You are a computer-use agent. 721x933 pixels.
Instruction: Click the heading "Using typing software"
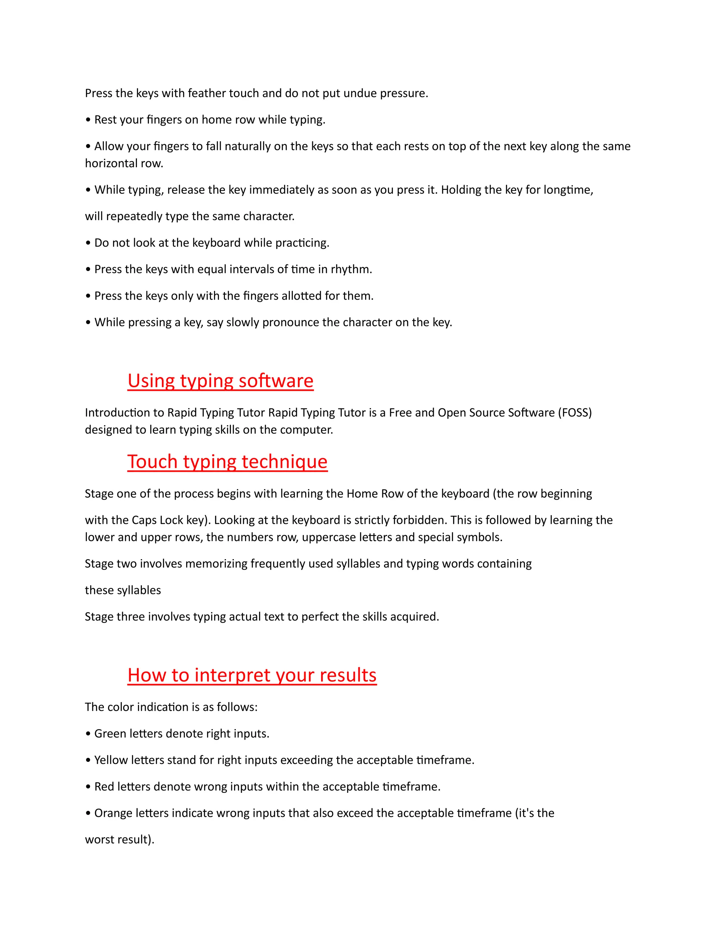[220, 381]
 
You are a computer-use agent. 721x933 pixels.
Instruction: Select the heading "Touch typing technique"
[227, 462]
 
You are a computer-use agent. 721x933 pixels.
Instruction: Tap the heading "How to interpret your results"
[252, 675]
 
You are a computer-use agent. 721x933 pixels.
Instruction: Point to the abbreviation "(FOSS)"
[575, 413]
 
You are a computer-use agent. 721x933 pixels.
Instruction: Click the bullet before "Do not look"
[88, 243]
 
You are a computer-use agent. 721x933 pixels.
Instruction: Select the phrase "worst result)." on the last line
[120, 839]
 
